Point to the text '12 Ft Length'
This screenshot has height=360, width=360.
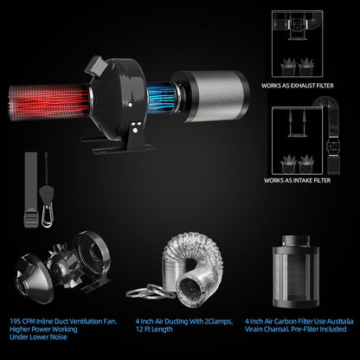[155, 329]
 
